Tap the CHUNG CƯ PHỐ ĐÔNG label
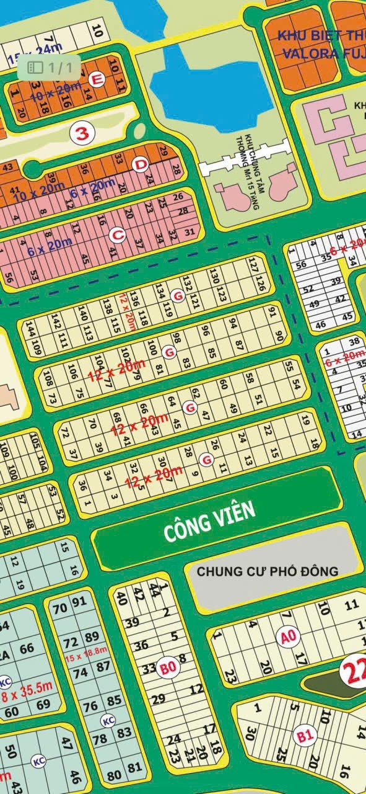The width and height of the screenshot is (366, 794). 268,571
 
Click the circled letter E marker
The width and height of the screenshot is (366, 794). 96,79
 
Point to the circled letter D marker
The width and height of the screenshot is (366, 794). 141,164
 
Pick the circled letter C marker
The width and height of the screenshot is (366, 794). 116,235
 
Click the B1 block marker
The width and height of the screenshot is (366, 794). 304,737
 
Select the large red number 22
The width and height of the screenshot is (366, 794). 355,671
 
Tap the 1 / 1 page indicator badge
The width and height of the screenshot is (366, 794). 49,66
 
